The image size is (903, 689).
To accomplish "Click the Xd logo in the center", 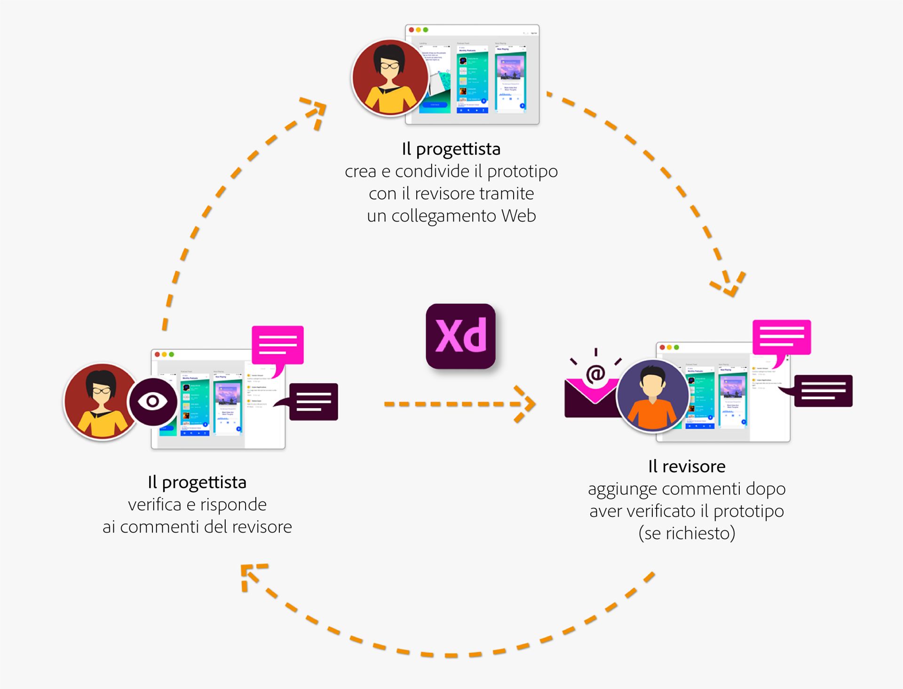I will (460, 336).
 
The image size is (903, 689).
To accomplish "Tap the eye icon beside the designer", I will (152, 401).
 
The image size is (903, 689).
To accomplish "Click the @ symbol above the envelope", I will (595, 374).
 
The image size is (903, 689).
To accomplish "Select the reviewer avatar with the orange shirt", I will (652, 396).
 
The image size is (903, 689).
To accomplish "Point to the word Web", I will (518, 215).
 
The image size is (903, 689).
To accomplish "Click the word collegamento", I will (444, 216).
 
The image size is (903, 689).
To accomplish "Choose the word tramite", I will (507, 193).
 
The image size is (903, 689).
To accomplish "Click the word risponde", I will (233, 504).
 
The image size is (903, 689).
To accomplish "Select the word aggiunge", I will (622, 489).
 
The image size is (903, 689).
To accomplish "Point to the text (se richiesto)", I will (687, 533).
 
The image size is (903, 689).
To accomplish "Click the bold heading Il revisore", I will (687, 466).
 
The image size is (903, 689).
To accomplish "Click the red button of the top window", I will (412, 30).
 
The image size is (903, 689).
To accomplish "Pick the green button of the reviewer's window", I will (676, 347).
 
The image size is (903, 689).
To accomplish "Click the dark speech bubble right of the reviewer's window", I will (823, 390).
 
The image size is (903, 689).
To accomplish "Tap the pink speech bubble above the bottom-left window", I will (277, 345).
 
